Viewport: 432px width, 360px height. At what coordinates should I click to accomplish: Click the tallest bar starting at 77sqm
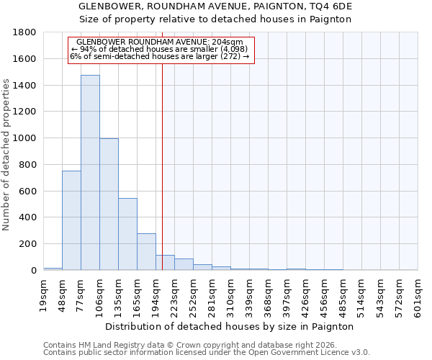(90, 173)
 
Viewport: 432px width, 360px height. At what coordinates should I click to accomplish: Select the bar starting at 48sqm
(71, 220)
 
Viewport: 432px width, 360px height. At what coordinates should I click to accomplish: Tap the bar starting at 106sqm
(109, 204)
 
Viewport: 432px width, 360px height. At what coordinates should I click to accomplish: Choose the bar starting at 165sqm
(146, 252)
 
